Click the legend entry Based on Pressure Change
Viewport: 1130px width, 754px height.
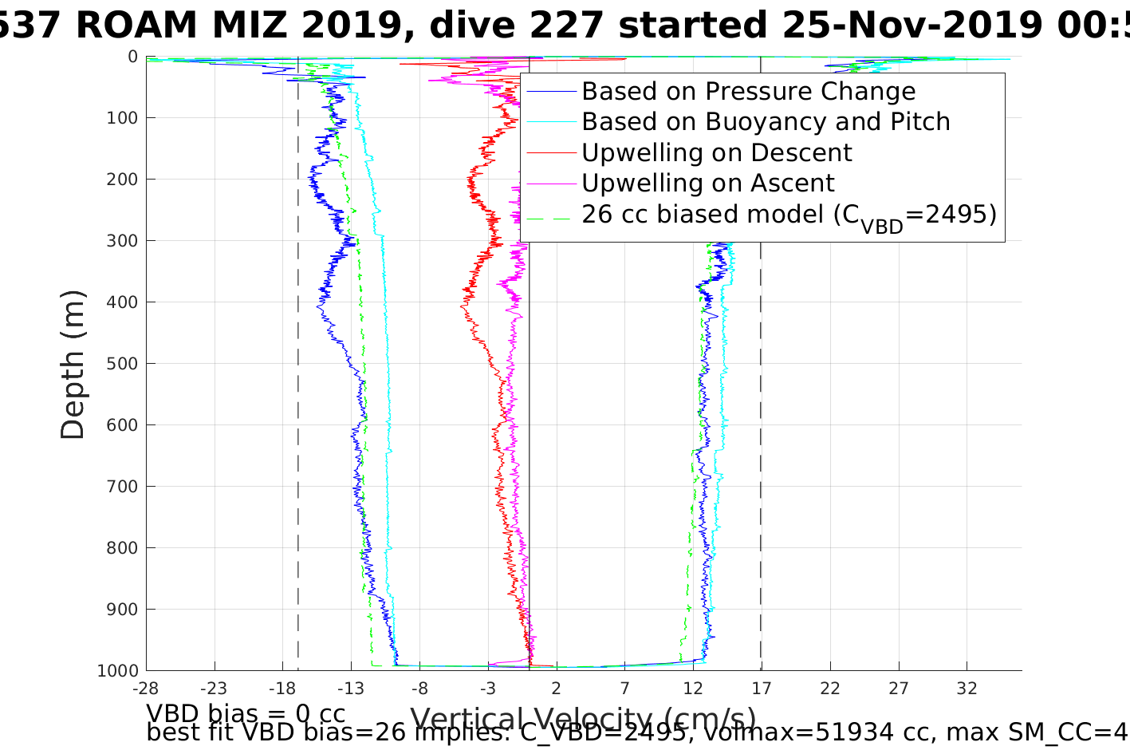click(x=748, y=92)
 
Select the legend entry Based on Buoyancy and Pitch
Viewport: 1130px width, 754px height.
click(x=766, y=122)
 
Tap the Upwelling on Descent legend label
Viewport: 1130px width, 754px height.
click(x=716, y=152)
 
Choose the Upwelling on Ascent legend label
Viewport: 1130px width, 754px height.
click(x=707, y=184)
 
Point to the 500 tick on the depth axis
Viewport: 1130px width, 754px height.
click(x=122, y=364)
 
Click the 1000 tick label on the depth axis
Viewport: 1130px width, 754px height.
click(x=117, y=671)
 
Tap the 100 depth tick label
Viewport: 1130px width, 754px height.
click(x=122, y=118)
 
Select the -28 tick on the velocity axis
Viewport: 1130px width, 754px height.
click(x=145, y=688)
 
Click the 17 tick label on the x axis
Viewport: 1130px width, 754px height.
click(x=762, y=688)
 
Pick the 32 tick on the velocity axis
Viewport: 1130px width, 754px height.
click(x=967, y=688)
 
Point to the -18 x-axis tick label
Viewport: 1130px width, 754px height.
click(x=282, y=688)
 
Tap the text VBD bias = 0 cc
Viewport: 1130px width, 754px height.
click(x=246, y=713)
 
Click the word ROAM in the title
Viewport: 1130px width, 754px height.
click(x=136, y=26)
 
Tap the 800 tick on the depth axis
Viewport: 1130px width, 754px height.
click(x=122, y=548)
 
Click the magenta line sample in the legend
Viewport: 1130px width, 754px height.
click(x=551, y=184)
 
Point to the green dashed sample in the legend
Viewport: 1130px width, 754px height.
click(x=551, y=215)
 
